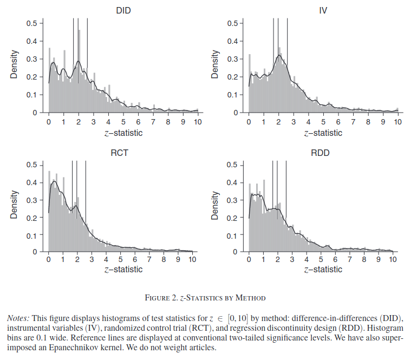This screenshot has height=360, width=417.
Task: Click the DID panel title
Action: point(123,10)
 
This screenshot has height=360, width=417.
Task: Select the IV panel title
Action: point(323,10)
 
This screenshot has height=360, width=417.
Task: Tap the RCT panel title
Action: point(120,153)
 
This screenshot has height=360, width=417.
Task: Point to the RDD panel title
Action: point(321,153)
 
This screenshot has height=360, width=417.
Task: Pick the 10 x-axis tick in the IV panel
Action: point(398,122)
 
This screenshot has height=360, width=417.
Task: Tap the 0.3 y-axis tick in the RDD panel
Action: point(232,200)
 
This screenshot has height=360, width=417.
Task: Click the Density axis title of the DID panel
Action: point(15,65)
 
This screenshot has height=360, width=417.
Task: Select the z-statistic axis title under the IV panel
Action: point(323,133)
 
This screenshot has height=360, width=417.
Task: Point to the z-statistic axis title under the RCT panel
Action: point(123,269)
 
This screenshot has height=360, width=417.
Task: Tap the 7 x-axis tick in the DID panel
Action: point(153,122)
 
